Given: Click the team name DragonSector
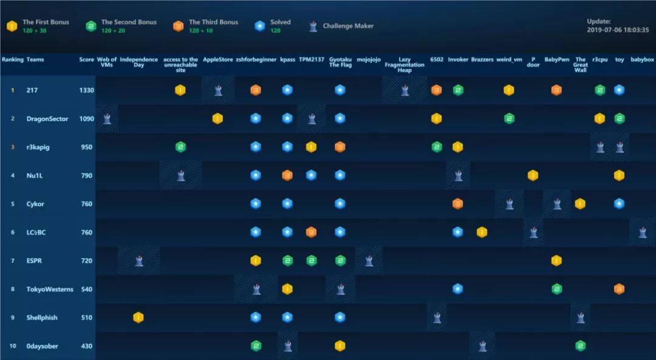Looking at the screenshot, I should pos(47,119).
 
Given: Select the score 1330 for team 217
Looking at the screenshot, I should pos(86,90).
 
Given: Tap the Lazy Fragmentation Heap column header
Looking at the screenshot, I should pos(405,65).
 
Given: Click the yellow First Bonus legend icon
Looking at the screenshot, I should pos(12,26).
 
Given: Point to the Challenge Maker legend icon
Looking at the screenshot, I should pos(313,26).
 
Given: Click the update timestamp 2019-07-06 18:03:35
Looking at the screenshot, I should pos(618,29).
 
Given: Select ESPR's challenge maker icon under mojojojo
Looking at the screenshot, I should pos(369,261).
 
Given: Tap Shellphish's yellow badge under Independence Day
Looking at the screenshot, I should pos(138,318).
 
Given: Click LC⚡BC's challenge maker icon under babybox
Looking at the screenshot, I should pos(643,233).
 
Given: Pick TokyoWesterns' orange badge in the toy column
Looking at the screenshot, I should pos(619,289).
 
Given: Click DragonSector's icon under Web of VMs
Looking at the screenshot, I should pos(107,119).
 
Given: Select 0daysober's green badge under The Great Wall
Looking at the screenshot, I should pos(581,346).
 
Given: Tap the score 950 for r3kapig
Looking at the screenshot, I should pos(86,148).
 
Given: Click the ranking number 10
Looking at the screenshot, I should pos(13,346).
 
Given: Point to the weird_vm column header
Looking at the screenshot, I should pos(509,60).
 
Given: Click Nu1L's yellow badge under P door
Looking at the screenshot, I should pos(533,176).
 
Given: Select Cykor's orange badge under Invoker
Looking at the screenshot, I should pos(457,204).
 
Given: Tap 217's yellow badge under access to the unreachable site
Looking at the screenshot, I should pos(180,90).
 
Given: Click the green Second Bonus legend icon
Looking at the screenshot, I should pos(91,26).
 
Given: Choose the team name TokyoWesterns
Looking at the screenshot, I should pos(50,290).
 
